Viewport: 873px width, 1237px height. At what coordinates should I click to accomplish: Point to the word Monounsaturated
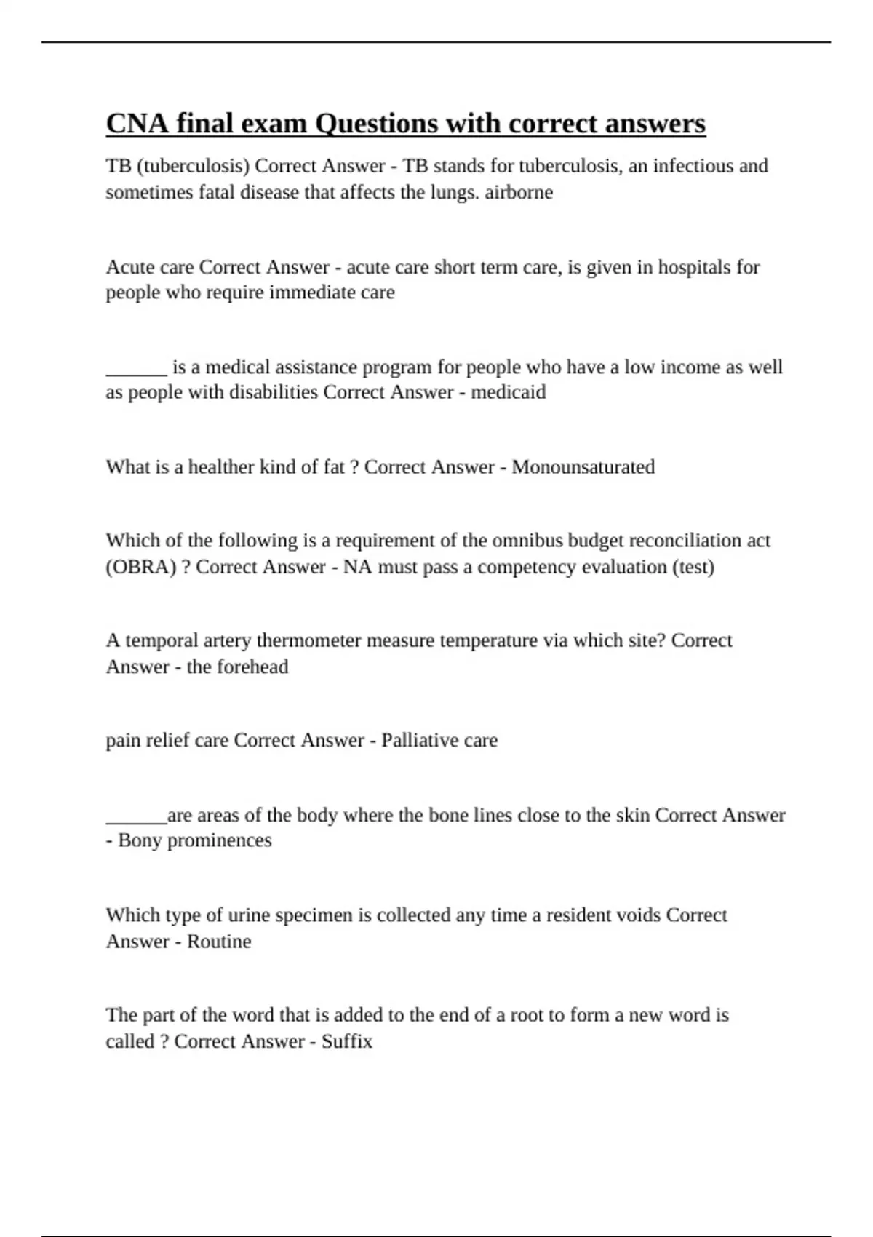(x=583, y=467)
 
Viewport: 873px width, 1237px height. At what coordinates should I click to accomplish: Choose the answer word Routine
(x=218, y=942)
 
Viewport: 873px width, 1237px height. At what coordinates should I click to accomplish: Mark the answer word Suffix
(x=346, y=1041)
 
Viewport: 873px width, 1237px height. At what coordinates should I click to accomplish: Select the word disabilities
(x=274, y=392)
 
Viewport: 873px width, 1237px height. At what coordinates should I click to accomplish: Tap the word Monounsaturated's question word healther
(x=218, y=467)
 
